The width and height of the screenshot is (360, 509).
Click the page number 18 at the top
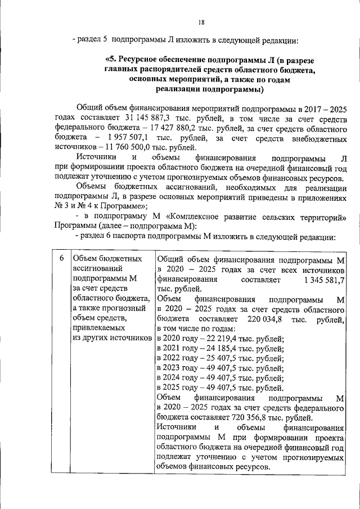(201, 22)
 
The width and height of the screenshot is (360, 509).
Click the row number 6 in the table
(60, 259)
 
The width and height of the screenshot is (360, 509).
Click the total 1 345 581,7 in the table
(323, 279)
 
